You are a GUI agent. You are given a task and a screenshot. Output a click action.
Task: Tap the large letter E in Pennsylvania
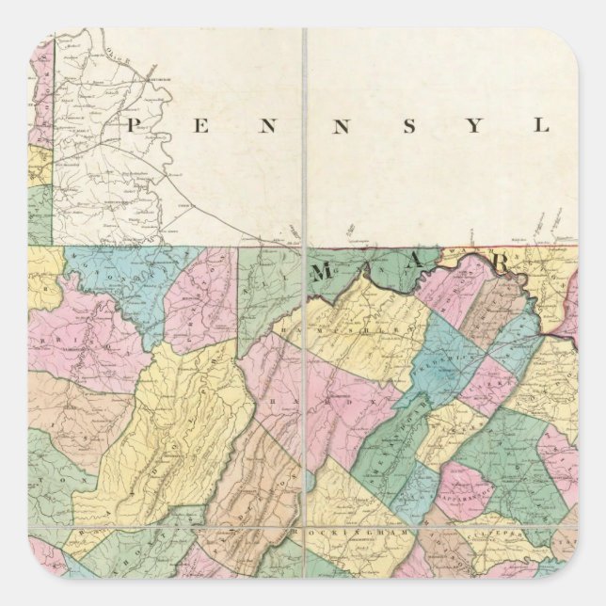(x=199, y=124)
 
